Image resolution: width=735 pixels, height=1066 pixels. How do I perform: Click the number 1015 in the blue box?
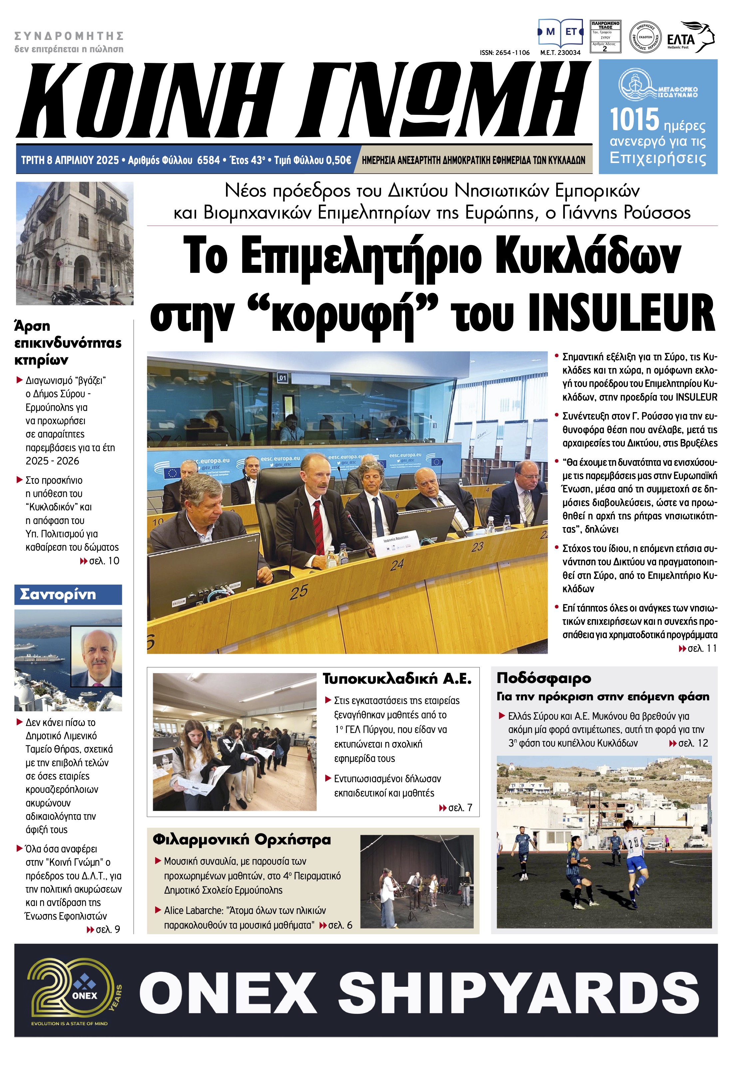(x=634, y=120)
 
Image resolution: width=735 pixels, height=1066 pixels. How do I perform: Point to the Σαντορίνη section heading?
(x=58, y=594)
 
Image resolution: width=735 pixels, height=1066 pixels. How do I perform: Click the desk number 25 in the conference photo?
(x=298, y=592)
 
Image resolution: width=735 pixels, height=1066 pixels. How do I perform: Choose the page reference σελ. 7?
(x=460, y=807)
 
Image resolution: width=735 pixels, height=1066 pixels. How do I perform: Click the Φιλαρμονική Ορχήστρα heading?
(x=241, y=839)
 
